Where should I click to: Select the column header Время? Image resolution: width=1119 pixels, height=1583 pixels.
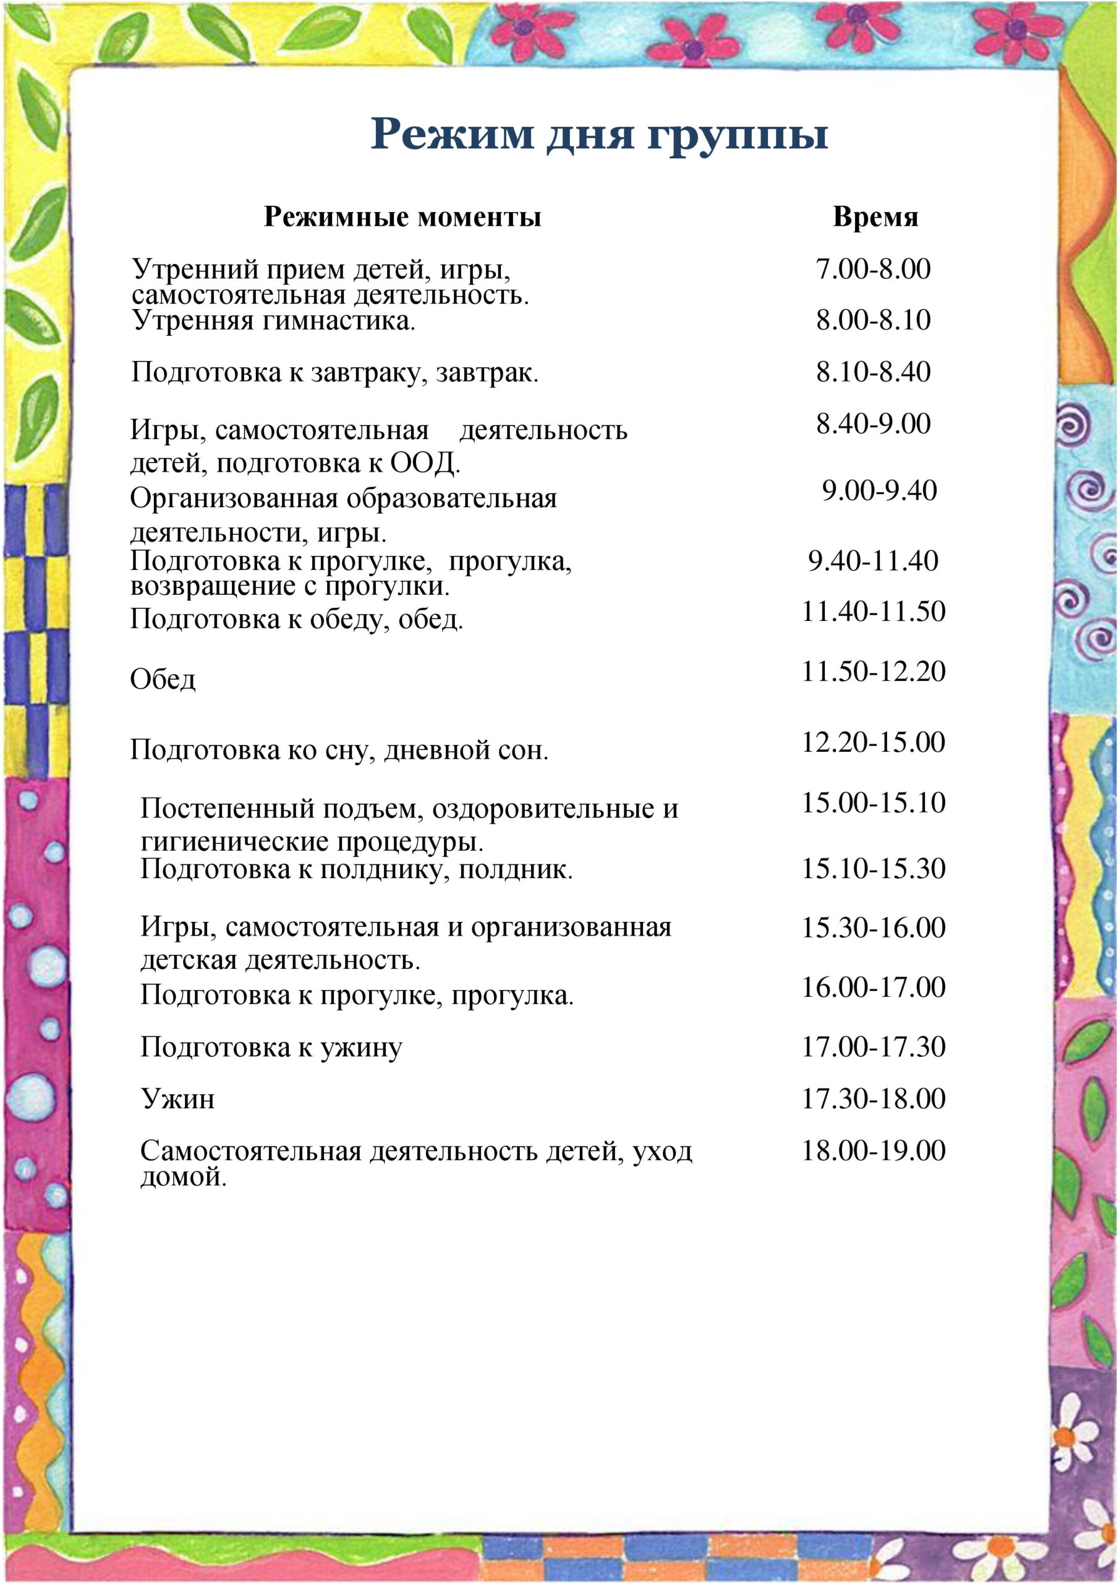coord(875,216)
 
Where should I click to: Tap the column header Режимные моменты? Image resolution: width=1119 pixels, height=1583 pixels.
coord(402,217)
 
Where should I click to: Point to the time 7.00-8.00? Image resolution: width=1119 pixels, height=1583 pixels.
coord(873,269)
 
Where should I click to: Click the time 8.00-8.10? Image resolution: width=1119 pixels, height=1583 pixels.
coord(873,320)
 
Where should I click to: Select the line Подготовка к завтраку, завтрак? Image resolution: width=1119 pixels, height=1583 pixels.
coord(334,372)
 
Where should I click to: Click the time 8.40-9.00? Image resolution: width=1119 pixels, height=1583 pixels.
coord(873,424)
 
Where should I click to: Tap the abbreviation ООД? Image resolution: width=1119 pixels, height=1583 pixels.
coord(424,463)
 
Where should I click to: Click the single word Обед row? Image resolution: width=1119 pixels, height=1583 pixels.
coord(163,680)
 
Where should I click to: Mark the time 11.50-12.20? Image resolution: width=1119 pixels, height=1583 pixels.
coord(873,672)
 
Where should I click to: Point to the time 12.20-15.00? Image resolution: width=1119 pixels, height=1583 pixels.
coord(873,743)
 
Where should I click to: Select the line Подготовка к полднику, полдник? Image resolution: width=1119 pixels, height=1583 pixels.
coord(357,869)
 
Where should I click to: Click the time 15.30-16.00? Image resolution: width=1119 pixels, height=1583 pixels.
coord(873,928)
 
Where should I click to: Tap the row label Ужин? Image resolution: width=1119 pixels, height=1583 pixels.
coord(178,1098)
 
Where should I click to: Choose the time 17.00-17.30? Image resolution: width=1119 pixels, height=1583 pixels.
coord(873,1047)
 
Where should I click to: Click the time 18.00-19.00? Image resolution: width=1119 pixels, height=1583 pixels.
coord(873,1150)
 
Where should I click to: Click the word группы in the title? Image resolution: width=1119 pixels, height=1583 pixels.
coord(737,134)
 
